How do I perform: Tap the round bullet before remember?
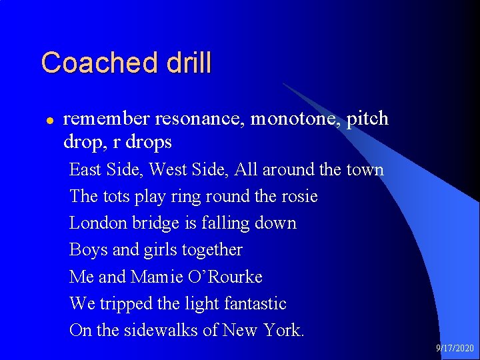coord(47,121)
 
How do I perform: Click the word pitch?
coord(367,119)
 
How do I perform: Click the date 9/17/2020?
coord(455,348)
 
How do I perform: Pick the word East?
coord(85,169)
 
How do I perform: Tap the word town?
coord(365,169)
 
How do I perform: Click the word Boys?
coord(85,250)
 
